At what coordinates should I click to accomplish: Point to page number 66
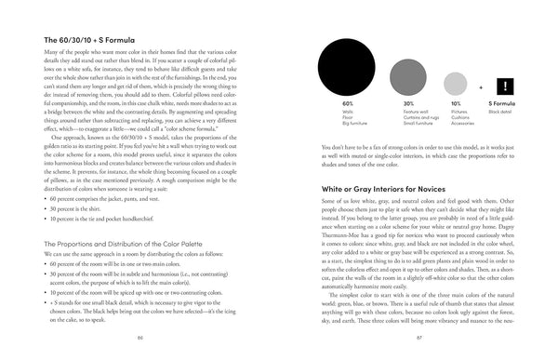point(139,336)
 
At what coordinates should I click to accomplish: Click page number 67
point(418,336)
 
